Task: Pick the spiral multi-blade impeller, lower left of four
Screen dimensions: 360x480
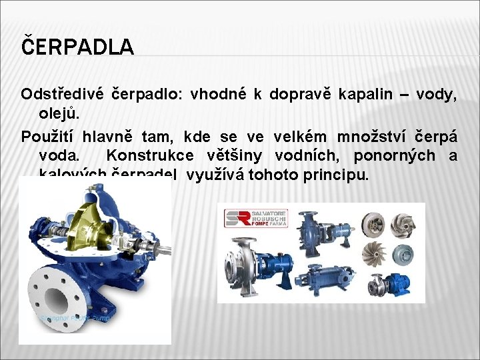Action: coord(371,254)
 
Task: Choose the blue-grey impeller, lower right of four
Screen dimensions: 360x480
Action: coord(403,254)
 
